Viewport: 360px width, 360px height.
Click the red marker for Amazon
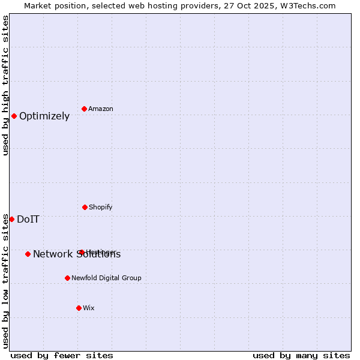click(x=85, y=109)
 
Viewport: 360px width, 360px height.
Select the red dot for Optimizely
click(x=14, y=116)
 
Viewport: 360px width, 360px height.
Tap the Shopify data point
click(x=85, y=207)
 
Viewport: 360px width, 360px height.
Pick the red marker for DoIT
click(x=11, y=219)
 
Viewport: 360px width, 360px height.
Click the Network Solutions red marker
click(x=28, y=254)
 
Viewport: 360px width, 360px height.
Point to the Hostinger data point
click(x=81, y=252)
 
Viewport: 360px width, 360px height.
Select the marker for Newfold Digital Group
click(x=67, y=278)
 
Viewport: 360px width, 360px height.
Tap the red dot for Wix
click(x=79, y=308)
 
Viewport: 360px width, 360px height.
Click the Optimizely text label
click(x=44, y=116)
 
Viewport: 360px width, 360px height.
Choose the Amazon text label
click(x=101, y=109)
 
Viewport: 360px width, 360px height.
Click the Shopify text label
click(x=101, y=207)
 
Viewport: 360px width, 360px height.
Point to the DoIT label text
click(x=28, y=220)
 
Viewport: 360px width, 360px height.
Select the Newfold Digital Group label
click(x=106, y=278)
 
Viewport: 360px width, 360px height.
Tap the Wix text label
click(x=89, y=308)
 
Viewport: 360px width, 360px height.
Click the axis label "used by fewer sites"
click(x=62, y=355)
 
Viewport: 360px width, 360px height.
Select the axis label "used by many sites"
click(x=301, y=355)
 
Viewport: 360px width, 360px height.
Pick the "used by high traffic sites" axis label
click(x=5, y=85)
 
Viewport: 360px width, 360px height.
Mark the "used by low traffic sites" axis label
click(x=5, y=281)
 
